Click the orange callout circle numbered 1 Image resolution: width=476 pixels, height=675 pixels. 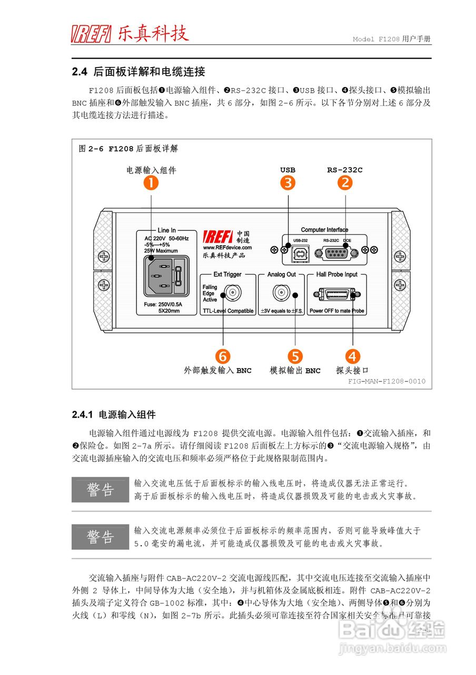pos(151,182)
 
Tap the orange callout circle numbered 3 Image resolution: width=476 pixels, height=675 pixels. pos(287,182)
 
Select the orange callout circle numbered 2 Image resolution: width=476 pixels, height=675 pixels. pos(345,182)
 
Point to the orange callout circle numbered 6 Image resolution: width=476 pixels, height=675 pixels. pos(223,356)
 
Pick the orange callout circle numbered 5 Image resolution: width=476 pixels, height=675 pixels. pos(295,356)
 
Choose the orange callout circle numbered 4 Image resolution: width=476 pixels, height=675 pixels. pos(352,356)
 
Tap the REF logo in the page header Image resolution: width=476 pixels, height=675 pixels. pos(92,34)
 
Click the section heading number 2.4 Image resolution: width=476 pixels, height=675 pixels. pos(79,71)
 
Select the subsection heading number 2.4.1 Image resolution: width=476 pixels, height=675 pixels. pos(82,415)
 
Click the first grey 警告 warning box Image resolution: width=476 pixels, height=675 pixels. pos(100,490)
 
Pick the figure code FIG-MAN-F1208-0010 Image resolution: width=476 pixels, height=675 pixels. pos(386,381)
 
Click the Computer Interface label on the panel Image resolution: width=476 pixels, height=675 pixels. pos(324,230)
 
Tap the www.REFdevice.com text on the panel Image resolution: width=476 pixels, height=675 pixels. pos(227,247)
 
